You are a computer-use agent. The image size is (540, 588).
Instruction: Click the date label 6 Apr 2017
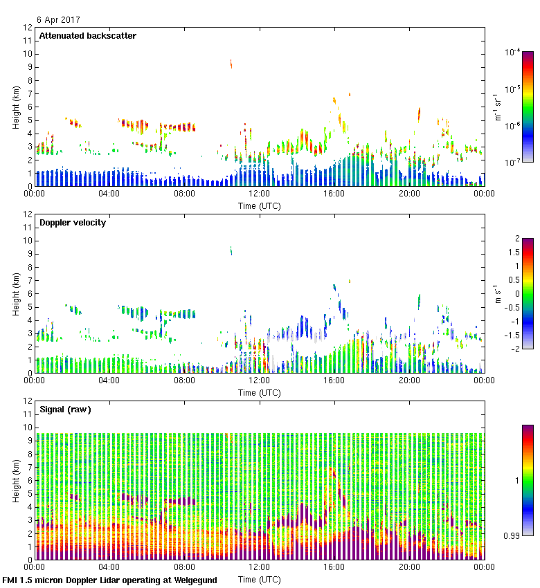click(58, 19)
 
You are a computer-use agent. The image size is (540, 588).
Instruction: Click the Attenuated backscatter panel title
click(87, 36)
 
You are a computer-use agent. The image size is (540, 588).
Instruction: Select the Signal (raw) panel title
click(65, 410)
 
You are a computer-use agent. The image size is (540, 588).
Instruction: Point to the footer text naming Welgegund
click(109, 580)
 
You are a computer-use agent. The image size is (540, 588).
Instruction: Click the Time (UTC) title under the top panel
click(259, 205)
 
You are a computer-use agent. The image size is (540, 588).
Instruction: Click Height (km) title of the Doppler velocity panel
click(16, 294)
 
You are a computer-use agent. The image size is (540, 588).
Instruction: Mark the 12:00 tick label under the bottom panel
click(259, 567)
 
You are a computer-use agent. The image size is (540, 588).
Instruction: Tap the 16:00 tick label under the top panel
click(334, 194)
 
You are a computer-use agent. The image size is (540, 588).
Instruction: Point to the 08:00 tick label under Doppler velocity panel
click(184, 380)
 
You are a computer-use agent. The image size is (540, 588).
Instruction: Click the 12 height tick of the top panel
click(28, 28)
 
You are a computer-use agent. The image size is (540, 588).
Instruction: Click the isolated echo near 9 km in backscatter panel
click(231, 64)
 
